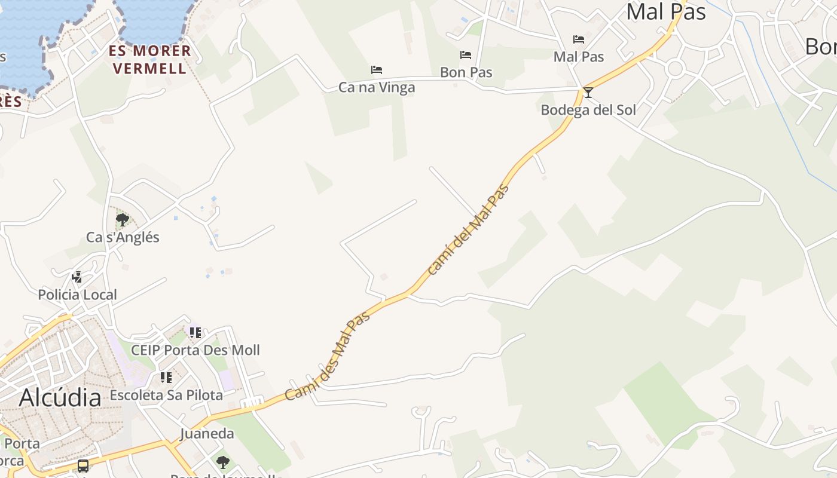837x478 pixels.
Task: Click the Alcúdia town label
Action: (60, 397)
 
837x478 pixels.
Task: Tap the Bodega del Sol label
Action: (588, 110)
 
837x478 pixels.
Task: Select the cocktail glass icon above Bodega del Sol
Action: (588, 92)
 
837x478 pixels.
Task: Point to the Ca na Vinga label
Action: (377, 88)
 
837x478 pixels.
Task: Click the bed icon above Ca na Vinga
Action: (377, 70)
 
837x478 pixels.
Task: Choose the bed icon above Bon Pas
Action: (466, 55)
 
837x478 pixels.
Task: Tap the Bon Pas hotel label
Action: (466, 72)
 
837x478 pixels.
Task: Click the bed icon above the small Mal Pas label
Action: (579, 39)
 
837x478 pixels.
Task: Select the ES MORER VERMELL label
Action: (150, 59)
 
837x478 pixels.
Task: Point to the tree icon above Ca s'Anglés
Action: (123, 220)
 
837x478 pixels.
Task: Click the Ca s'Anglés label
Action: (123, 237)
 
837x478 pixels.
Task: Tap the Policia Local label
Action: (77, 295)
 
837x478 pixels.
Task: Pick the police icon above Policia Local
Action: (77, 277)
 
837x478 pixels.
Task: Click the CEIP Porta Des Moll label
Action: (195, 350)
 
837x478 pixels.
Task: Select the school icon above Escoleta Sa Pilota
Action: (166, 378)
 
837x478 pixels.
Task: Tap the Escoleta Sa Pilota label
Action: (166, 395)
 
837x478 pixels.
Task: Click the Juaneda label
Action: (207, 434)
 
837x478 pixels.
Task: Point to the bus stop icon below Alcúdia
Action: (83, 465)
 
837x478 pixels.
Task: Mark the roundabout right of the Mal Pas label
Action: (675, 69)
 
